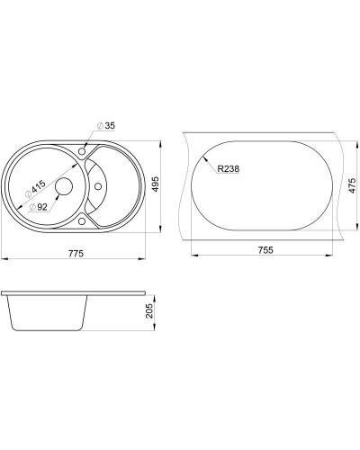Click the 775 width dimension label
[x=76, y=254]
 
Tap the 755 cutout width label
[x=265, y=249]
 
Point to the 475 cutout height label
[x=352, y=185]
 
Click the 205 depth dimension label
[x=149, y=310]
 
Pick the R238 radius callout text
[x=229, y=169]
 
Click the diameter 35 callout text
[x=106, y=126]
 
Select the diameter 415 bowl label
[x=36, y=189]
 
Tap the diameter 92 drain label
[x=38, y=207]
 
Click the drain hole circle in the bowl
[x=64, y=186]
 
